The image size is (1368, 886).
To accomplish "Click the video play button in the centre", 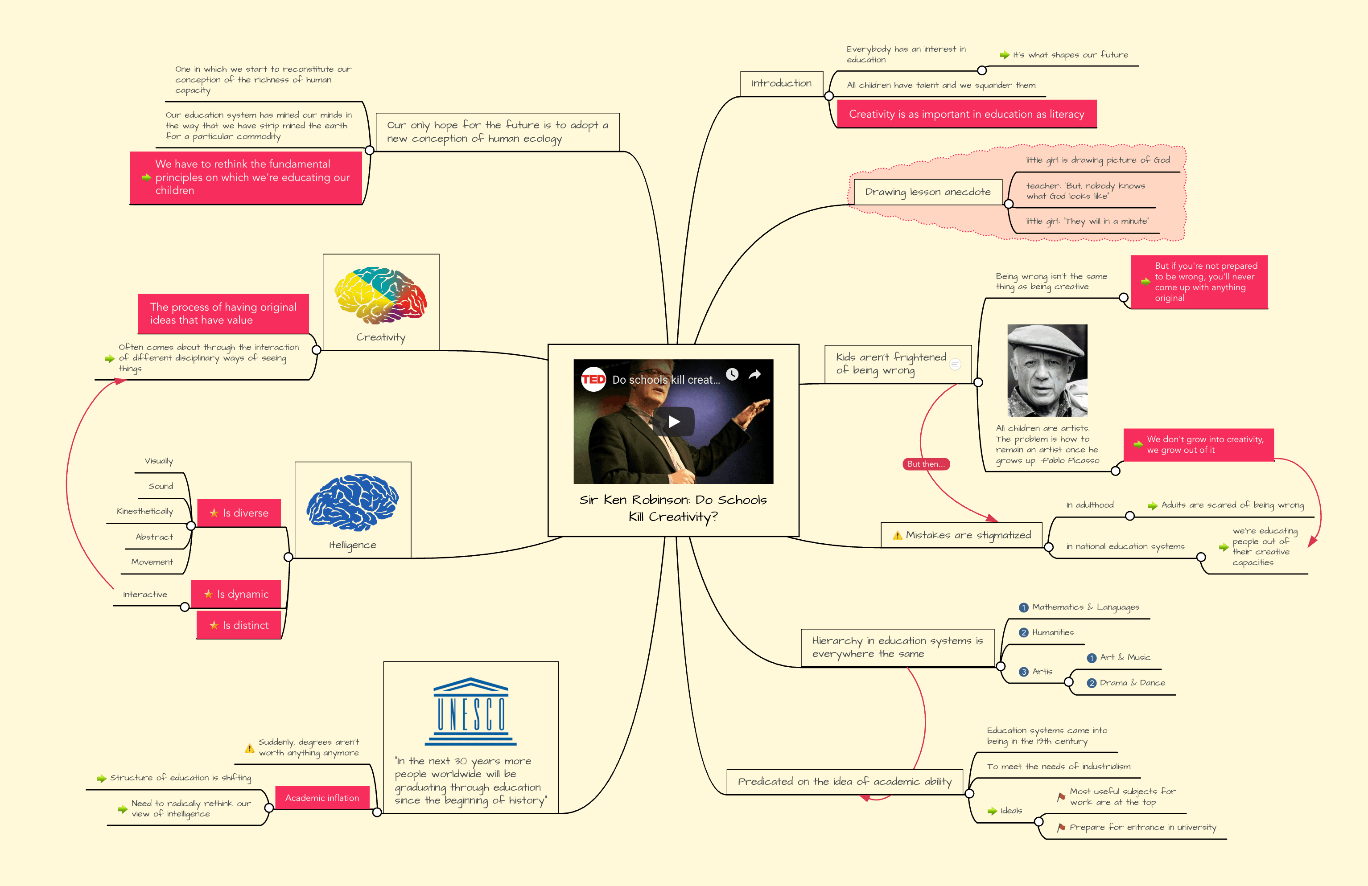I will pos(674,422).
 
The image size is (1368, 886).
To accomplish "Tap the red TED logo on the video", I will pos(593,379).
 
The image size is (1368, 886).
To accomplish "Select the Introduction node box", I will pos(781,83).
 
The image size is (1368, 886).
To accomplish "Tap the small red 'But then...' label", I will pos(925,464).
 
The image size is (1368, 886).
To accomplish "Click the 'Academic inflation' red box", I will pos(322,797).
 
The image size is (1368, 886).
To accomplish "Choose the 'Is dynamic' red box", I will pos(236,594).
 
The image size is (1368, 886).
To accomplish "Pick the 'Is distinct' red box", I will pos(239,625).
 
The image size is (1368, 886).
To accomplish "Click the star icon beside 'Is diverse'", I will pos(214,513).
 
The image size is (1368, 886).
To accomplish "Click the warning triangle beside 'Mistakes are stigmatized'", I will pos(897,536).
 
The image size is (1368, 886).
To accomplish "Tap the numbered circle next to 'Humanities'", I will pos(1023,632).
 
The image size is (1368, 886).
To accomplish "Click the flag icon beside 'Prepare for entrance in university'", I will pos(1061,827).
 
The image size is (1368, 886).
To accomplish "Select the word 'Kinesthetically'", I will pos(145,511).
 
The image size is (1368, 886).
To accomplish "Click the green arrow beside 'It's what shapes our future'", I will pos(1004,55).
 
